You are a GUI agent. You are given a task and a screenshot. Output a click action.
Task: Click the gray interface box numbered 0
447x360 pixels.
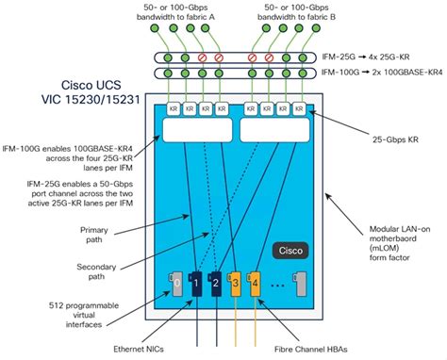point(176,282)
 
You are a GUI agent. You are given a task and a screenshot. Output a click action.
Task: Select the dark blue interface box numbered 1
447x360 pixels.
point(196,282)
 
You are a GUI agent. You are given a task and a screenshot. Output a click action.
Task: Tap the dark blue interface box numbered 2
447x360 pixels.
point(216,282)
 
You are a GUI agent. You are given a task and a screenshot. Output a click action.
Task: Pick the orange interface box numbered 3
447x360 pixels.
point(237,282)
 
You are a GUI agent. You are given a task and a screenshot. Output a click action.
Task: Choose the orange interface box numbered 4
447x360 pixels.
point(257,282)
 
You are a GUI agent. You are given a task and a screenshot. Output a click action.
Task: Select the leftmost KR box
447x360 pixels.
point(174,110)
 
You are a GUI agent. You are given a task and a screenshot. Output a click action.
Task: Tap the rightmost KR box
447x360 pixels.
point(296,110)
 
